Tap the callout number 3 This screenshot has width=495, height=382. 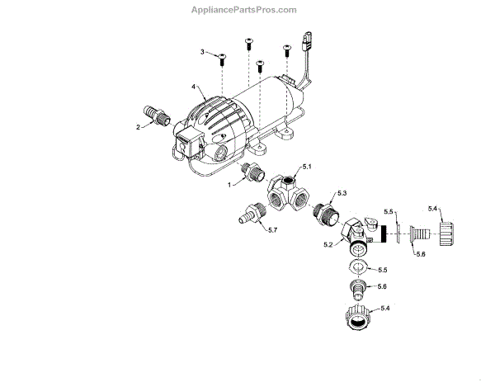(203, 52)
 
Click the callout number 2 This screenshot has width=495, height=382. (139, 126)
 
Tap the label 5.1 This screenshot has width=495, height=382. (306, 167)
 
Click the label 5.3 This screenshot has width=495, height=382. (343, 193)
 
